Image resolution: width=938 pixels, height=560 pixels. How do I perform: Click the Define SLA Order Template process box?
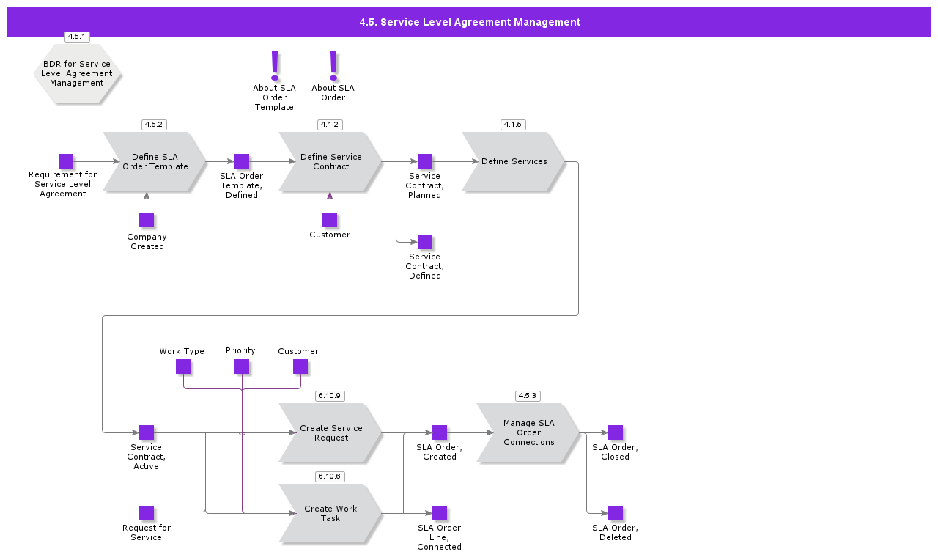[155, 161]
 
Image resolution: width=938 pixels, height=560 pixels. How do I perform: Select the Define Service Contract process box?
[330, 161]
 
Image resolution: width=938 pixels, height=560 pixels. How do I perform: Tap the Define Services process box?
[514, 161]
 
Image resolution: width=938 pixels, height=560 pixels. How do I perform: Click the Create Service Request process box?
[330, 432]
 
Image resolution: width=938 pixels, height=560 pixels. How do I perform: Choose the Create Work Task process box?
[330, 513]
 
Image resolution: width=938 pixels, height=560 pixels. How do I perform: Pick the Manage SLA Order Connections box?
[528, 432]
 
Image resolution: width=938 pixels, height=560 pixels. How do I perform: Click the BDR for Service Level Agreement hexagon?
[77, 73]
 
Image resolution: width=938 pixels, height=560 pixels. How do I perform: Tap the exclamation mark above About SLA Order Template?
[275, 65]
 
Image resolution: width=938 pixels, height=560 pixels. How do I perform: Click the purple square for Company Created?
[147, 220]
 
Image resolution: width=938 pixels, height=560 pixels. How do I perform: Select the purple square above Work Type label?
[183, 366]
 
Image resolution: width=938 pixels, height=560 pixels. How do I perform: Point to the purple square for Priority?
[242, 366]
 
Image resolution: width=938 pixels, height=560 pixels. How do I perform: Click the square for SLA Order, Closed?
[616, 432]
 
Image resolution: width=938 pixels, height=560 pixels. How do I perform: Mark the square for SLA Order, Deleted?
[616, 513]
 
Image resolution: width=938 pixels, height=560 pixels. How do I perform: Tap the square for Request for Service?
[147, 513]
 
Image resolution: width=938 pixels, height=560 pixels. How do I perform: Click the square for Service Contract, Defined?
[425, 242]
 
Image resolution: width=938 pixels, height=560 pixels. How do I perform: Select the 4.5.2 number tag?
[154, 125]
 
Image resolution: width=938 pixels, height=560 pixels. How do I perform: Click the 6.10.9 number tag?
[330, 396]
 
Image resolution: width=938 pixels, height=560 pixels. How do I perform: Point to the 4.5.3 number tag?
[528, 396]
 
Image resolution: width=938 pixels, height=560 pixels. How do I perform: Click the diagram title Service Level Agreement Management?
[469, 22]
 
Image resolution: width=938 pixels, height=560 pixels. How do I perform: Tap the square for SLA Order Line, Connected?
[440, 513]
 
